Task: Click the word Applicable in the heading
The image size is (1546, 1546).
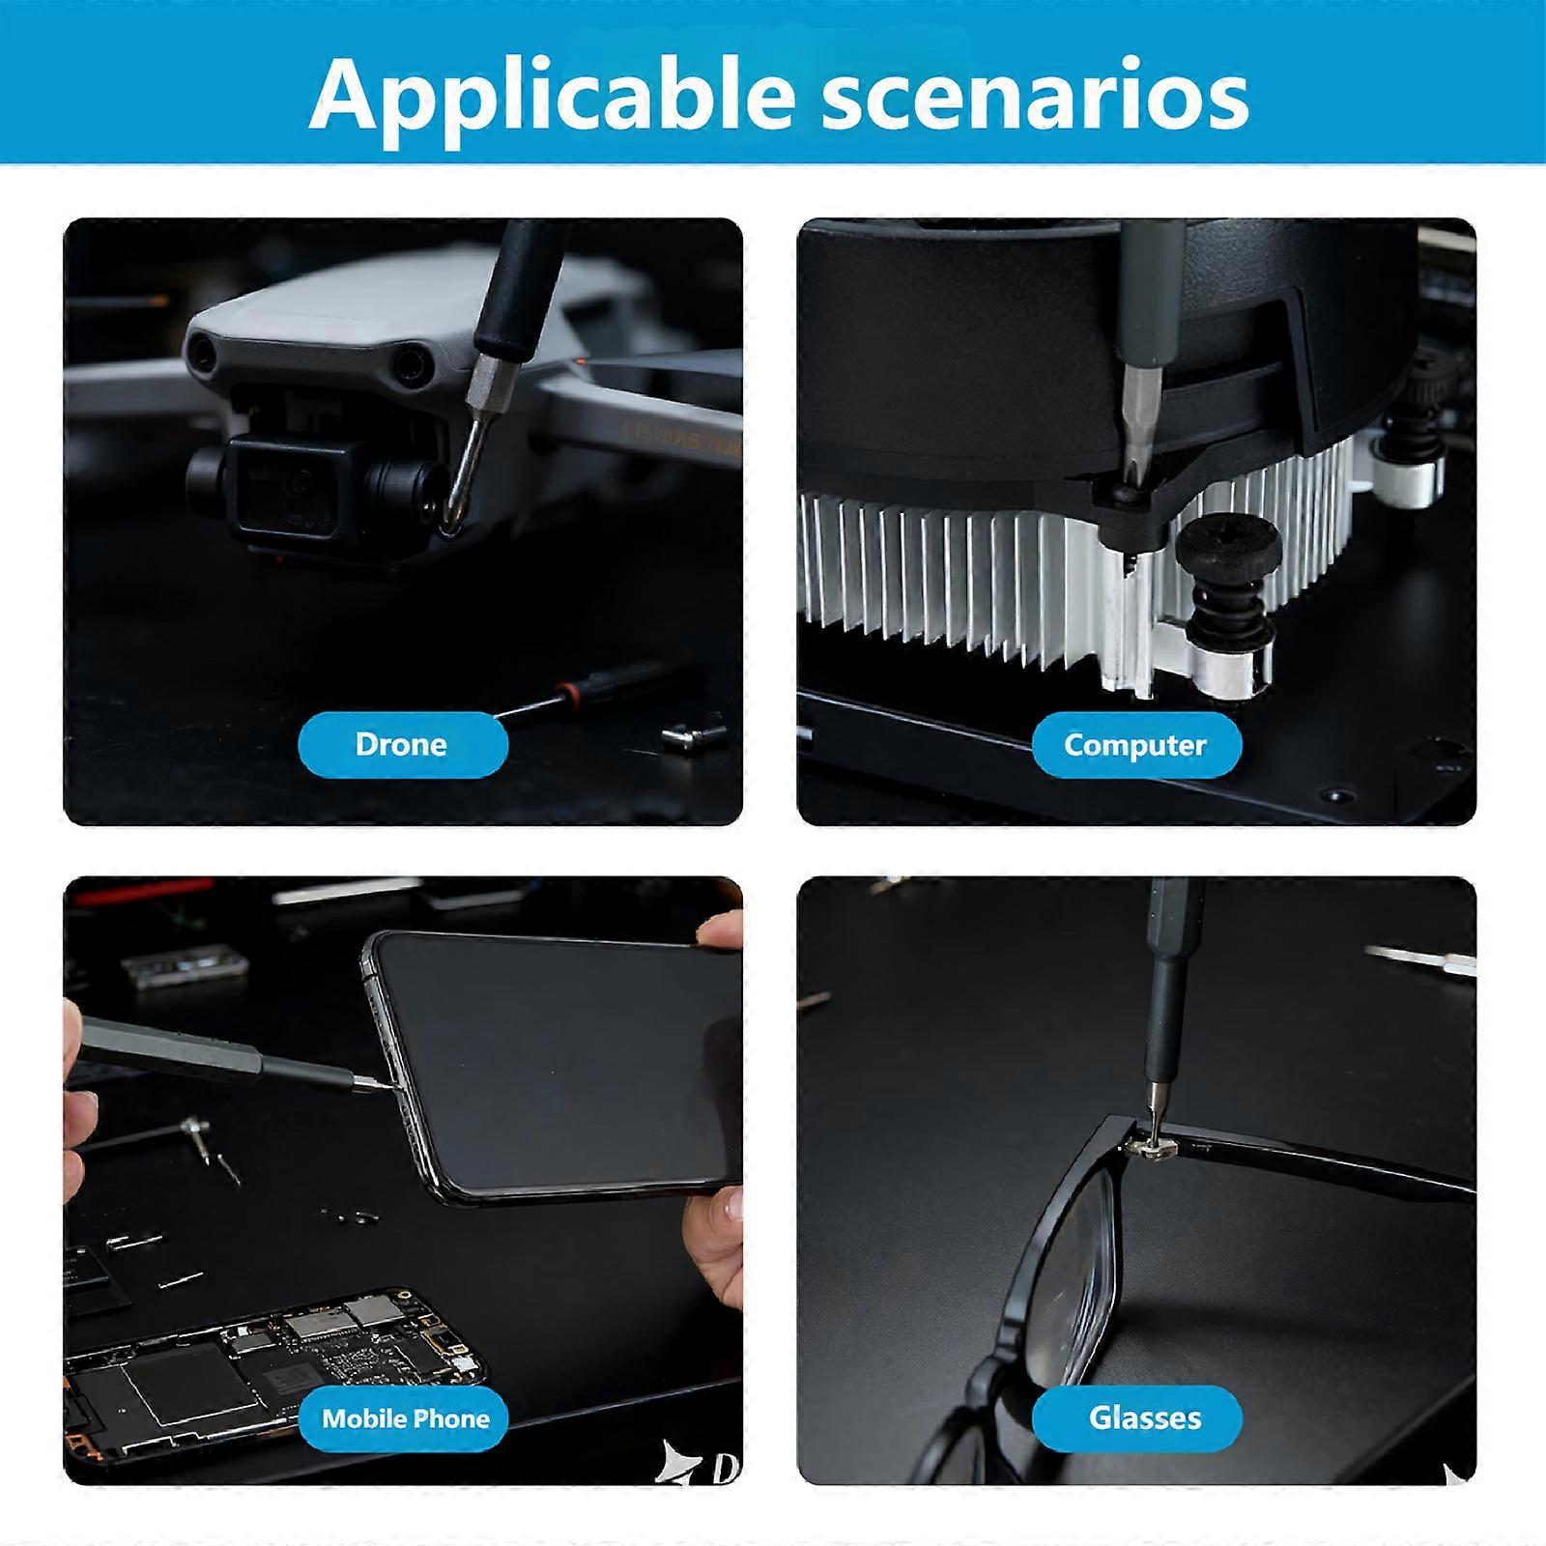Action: pos(551,95)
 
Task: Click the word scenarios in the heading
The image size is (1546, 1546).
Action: pos(1035,96)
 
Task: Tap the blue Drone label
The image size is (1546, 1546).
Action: pos(402,744)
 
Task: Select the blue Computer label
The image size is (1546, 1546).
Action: pos(1135,745)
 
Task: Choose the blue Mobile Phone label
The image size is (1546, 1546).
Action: pos(406,1418)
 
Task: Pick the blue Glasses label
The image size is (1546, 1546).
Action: pos(1145,1417)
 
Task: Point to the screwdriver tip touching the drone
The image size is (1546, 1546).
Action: pos(451,522)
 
